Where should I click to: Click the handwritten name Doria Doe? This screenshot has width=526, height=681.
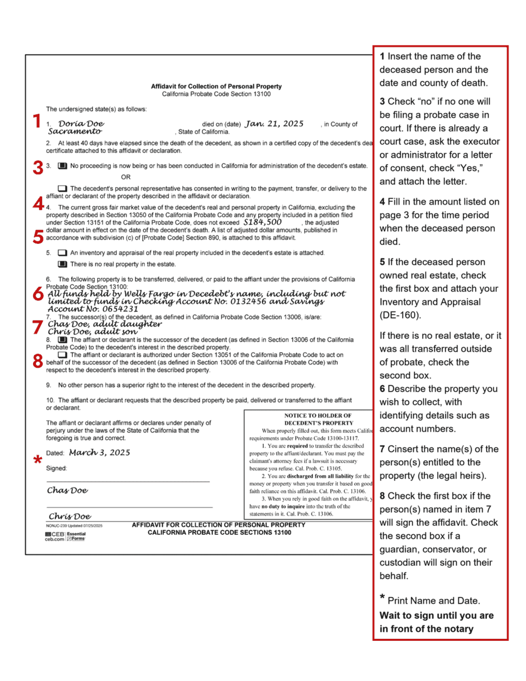tap(81, 124)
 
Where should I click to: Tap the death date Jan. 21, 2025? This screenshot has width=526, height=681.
tap(274, 124)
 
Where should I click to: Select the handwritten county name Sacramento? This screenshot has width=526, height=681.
tap(75, 132)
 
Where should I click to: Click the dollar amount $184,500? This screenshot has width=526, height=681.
tap(263, 222)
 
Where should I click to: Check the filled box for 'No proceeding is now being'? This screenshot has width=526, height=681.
tap(62, 166)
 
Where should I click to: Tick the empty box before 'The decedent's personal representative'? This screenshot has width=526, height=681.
tap(62, 189)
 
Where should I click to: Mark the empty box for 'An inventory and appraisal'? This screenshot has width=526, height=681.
tap(62, 253)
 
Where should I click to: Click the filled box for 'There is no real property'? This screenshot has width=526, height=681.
tap(62, 265)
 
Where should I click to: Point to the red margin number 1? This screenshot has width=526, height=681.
tap(37, 121)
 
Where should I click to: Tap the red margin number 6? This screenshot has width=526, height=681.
tap(38, 294)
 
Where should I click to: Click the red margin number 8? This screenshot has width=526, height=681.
tap(38, 362)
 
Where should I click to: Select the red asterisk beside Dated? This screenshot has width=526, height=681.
tap(38, 460)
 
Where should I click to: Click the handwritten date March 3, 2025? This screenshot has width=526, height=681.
tap(99, 453)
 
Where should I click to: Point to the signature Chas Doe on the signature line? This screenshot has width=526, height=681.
tap(67, 491)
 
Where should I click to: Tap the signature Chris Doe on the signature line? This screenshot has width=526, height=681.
tap(70, 516)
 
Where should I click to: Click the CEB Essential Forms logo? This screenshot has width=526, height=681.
tap(65, 536)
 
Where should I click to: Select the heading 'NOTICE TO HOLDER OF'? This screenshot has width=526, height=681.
tap(318, 416)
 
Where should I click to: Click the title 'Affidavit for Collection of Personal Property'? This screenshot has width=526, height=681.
tap(216, 87)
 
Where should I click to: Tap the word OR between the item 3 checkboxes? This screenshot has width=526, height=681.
tap(125, 177)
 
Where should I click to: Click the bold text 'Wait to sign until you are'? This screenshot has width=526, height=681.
tap(436, 616)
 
